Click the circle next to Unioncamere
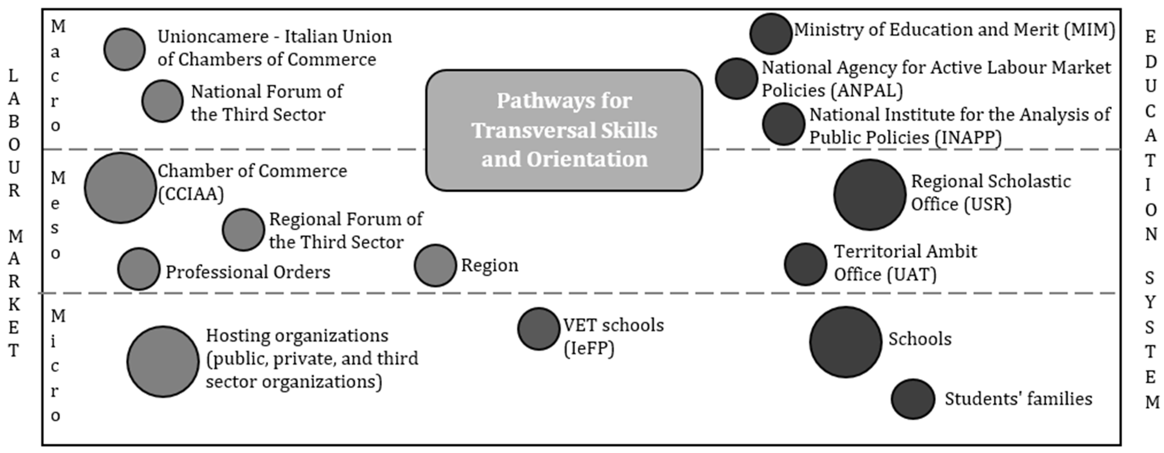(124, 49)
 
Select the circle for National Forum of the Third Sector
(162, 101)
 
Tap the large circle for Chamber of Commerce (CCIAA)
(120, 188)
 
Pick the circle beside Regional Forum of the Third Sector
(243, 230)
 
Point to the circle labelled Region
(435, 265)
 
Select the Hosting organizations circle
(163, 362)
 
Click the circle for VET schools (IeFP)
(539, 329)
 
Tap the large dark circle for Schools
(845, 342)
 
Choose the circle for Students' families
(913, 399)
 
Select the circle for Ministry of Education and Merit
(771, 34)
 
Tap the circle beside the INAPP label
(784, 124)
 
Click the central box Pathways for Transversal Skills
(564, 130)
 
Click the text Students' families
(1018, 399)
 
